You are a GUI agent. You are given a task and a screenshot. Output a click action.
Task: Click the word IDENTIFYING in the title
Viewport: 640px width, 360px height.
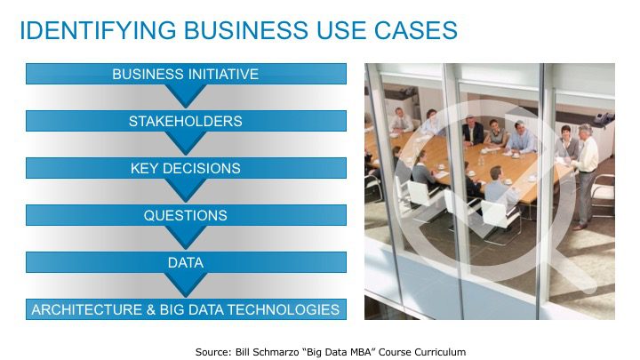pos(98,30)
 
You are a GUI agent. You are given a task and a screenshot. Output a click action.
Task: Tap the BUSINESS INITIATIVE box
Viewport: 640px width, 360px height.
pos(186,74)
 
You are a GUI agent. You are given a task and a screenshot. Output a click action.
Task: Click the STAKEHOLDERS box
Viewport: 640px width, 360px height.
pos(186,121)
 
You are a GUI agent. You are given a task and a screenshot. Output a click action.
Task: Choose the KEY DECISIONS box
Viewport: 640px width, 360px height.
pos(186,168)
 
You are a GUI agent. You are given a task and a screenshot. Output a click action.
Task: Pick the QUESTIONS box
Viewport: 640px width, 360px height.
pos(186,215)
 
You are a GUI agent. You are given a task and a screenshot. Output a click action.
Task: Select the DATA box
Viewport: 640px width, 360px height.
pos(186,262)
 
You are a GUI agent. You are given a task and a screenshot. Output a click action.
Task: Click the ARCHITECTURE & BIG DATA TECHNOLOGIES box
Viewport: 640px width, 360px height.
pos(186,309)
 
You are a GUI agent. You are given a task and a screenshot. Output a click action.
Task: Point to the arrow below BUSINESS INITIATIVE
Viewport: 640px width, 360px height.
pos(186,96)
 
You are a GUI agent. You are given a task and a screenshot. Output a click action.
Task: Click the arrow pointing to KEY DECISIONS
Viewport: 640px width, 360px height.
pos(186,143)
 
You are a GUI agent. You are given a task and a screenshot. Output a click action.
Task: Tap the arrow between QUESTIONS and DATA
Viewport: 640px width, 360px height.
pos(186,237)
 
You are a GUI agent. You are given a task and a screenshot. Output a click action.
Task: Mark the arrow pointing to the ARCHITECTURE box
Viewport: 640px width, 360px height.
pos(186,284)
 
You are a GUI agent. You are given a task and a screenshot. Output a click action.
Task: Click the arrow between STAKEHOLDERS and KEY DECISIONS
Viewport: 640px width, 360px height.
pos(186,143)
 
